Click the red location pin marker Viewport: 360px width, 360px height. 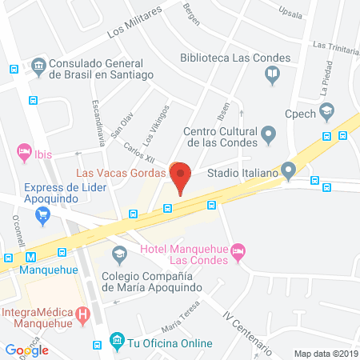[x=182, y=176]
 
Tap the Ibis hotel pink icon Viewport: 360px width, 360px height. [x=24, y=151]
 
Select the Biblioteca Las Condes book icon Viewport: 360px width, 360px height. [x=272, y=75]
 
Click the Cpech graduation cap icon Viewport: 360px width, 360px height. [x=326, y=111]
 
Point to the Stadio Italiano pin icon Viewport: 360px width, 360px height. [x=288, y=170]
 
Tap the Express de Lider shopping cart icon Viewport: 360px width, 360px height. [x=42, y=214]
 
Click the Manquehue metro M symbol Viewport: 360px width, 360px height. [x=31, y=258]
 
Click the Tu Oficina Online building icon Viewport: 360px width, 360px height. [x=118, y=342]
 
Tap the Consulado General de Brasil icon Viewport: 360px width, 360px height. [x=38, y=66]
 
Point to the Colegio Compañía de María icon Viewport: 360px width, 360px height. [x=119, y=255]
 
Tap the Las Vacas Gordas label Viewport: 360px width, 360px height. [x=121, y=171]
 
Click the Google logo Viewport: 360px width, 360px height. [x=27, y=350]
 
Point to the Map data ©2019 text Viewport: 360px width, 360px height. [x=325, y=353]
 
